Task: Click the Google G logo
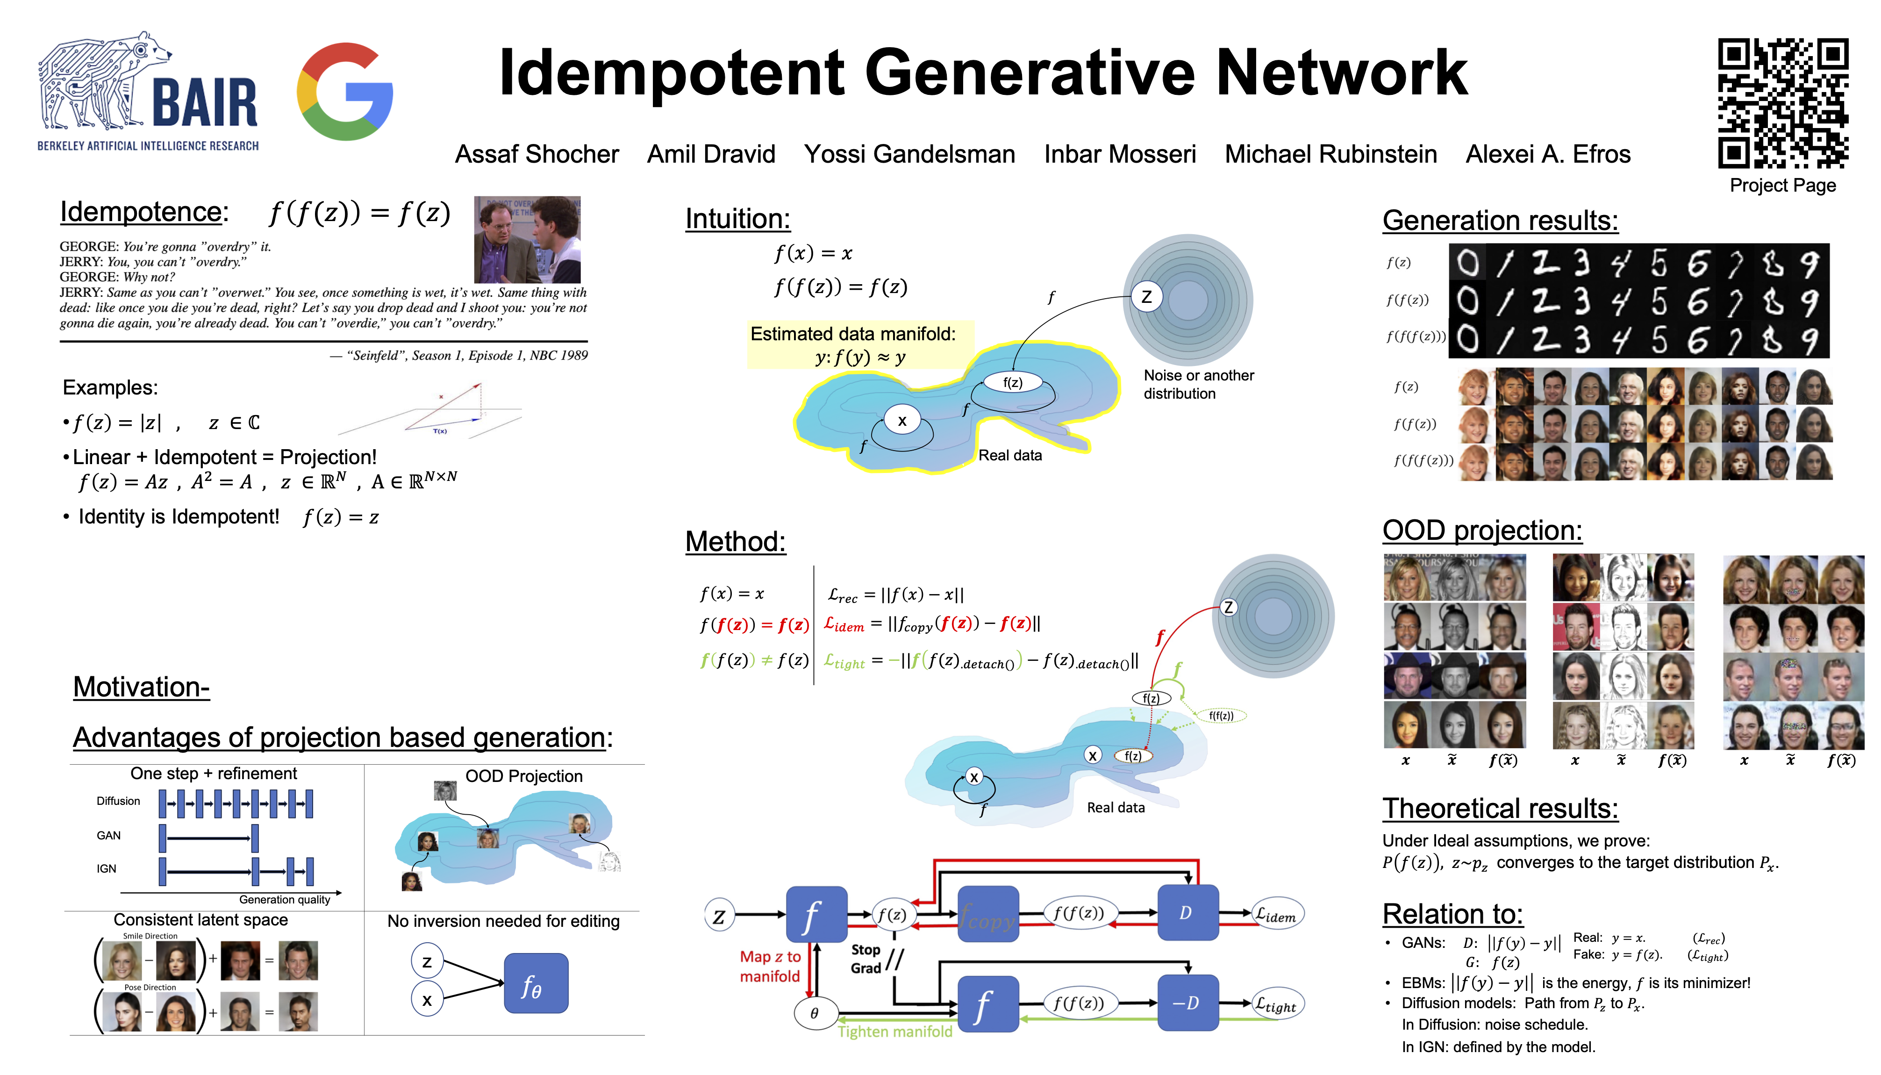click(345, 92)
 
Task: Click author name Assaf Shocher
click(536, 154)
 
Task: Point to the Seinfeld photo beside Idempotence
click(527, 239)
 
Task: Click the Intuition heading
click(737, 219)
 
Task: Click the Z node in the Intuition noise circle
click(1146, 297)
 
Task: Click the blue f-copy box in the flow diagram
click(988, 915)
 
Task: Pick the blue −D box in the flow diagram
click(1187, 1003)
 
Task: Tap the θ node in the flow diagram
click(814, 1013)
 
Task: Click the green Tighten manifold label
click(895, 1032)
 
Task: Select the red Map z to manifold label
click(770, 967)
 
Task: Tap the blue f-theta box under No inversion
click(535, 983)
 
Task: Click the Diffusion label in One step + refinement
click(118, 801)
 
